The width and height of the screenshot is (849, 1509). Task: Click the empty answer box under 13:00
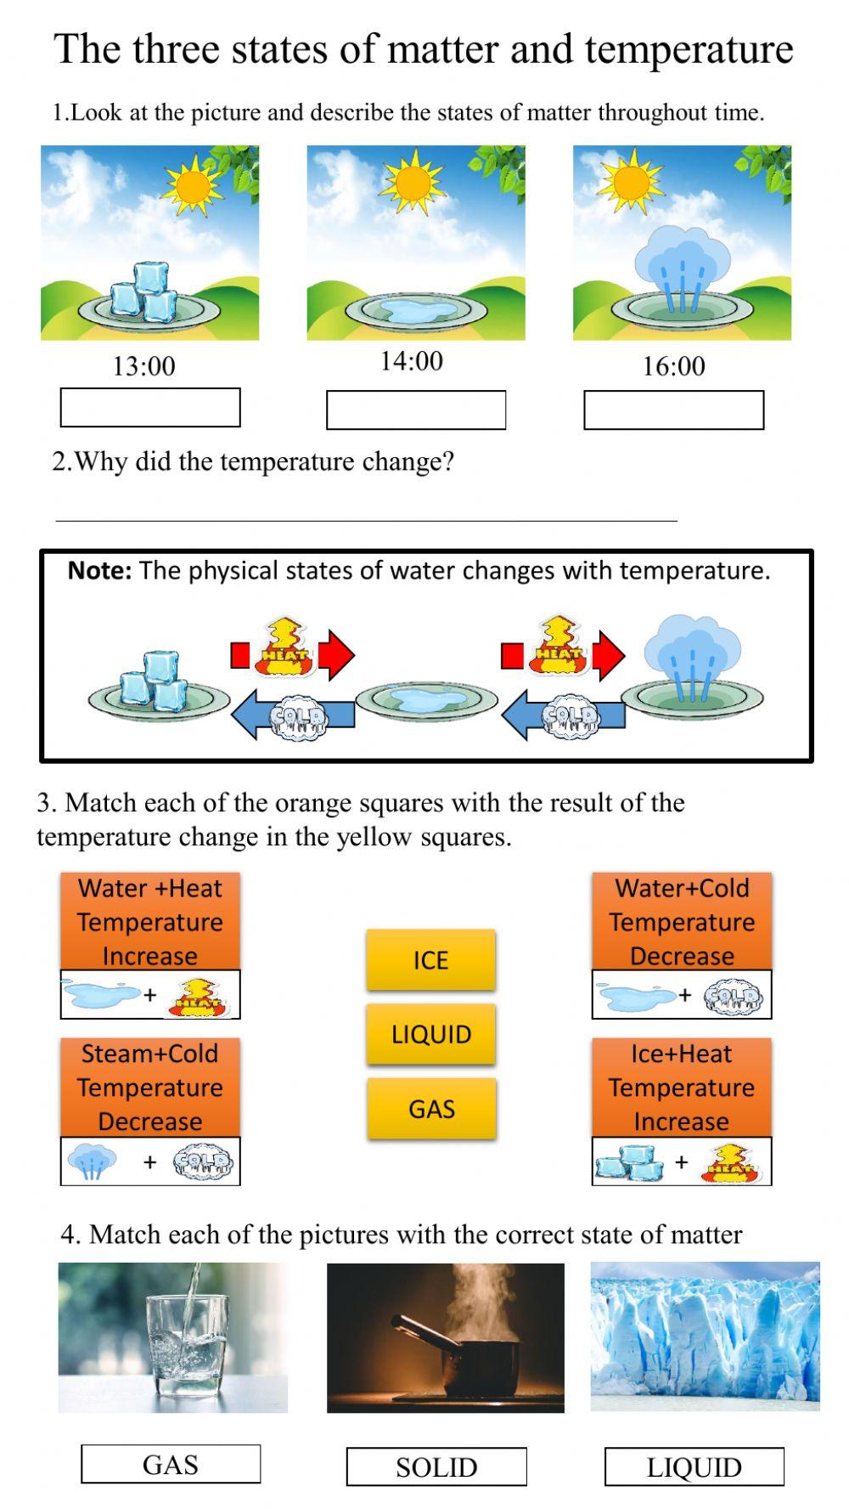click(150, 408)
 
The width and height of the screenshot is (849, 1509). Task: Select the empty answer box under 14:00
click(416, 410)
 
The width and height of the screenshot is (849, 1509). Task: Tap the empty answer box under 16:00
click(673, 410)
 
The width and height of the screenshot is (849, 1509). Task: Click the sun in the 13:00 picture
click(194, 184)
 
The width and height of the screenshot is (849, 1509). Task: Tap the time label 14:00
click(411, 361)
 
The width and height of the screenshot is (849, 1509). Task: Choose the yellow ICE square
click(430, 960)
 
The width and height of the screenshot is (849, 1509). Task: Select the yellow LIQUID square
click(431, 1034)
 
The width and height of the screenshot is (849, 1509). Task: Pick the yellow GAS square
click(431, 1109)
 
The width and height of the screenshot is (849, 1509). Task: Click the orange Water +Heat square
click(150, 921)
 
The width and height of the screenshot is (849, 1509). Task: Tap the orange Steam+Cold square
click(150, 1087)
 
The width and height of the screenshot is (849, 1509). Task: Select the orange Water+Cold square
click(682, 921)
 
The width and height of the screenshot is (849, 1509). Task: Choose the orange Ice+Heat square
click(682, 1087)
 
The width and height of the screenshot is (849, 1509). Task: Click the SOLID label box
click(436, 1467)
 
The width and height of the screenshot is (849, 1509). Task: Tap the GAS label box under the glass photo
click(171, 1465)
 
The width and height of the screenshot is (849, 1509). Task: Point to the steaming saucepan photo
click(446, 1338)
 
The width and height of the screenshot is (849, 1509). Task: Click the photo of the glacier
click(706, 1337)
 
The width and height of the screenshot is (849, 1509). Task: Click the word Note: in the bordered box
click(99, 571)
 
